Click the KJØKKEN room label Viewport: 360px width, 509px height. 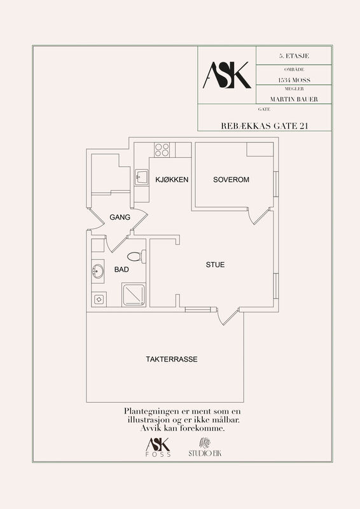tap(172, 179)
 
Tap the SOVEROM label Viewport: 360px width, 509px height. tap(231, 179)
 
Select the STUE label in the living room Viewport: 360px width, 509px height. tap(215, 265)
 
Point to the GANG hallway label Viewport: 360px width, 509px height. tap(120, 217)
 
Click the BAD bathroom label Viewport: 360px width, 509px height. tap(121, 269)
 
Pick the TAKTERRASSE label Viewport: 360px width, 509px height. tap(171, 359)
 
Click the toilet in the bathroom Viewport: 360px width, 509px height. tap(136, 256)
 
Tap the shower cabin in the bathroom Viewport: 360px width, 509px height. tap(134, 295)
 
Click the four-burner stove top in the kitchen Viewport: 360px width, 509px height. tap(162, 150)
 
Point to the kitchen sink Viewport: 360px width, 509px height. tap(142, 178)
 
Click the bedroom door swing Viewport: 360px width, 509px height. tap(259, 216)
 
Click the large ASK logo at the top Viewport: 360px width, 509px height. tap(227, 75)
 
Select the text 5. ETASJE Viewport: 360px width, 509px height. tap(294, 56)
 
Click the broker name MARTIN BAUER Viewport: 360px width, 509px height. tap(294, 99)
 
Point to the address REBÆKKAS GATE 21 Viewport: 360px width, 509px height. tap(265, 126)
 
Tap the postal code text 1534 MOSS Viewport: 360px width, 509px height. tap(294, 80)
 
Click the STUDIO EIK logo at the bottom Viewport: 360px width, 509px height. tap(205, 448)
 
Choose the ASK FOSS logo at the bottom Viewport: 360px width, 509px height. tap(158, 448)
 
